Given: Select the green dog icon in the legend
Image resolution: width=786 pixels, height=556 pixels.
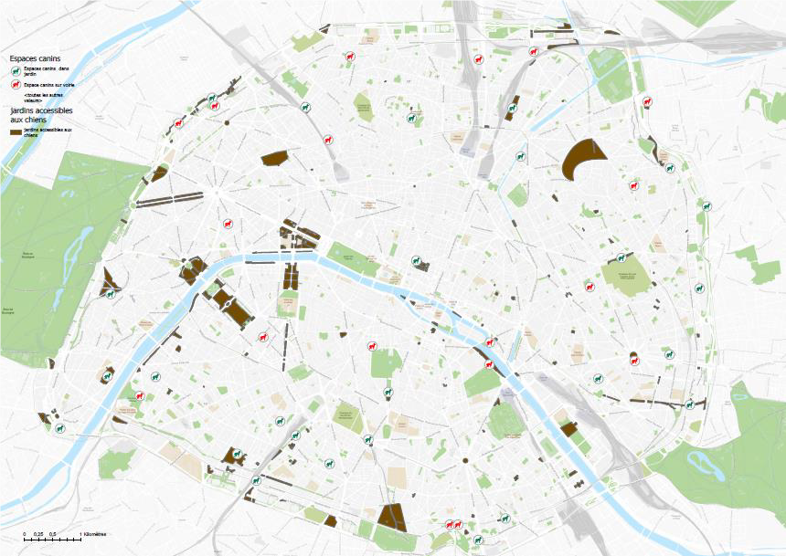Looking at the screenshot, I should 16,70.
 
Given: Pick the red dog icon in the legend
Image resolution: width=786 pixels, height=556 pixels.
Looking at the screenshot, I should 16,84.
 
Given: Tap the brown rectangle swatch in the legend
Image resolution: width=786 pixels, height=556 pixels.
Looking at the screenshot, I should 16,131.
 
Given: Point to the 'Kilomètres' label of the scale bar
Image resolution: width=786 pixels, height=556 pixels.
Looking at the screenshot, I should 95,533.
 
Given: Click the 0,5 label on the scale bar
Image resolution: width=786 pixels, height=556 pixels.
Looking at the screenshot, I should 53,533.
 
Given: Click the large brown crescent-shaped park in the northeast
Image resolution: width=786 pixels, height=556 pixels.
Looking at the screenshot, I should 580,161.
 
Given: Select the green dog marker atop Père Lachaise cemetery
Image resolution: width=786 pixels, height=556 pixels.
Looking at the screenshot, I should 623,258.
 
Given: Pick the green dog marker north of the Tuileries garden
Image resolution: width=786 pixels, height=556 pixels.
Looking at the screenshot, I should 417,261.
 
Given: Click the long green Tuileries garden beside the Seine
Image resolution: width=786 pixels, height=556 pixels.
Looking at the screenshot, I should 353,259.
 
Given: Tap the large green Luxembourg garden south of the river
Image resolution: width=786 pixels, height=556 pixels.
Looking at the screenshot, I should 387,362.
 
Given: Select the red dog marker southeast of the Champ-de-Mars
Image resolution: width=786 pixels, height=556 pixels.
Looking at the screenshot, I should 263,337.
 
